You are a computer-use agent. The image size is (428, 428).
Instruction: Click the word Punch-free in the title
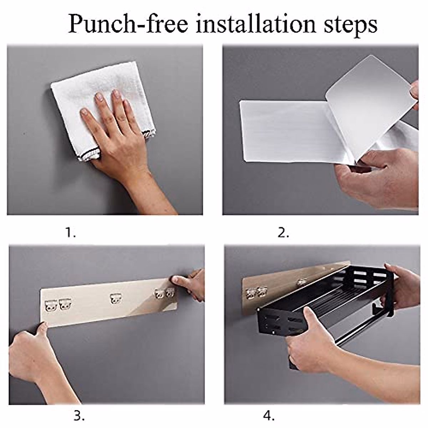point(128,24)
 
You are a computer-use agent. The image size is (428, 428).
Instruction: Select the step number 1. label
point(70,233)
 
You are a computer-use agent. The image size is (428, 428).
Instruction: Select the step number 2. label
point(284,233)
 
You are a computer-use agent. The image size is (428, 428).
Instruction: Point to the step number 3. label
point(79,416)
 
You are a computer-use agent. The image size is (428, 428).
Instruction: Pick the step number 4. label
point(269,416)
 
